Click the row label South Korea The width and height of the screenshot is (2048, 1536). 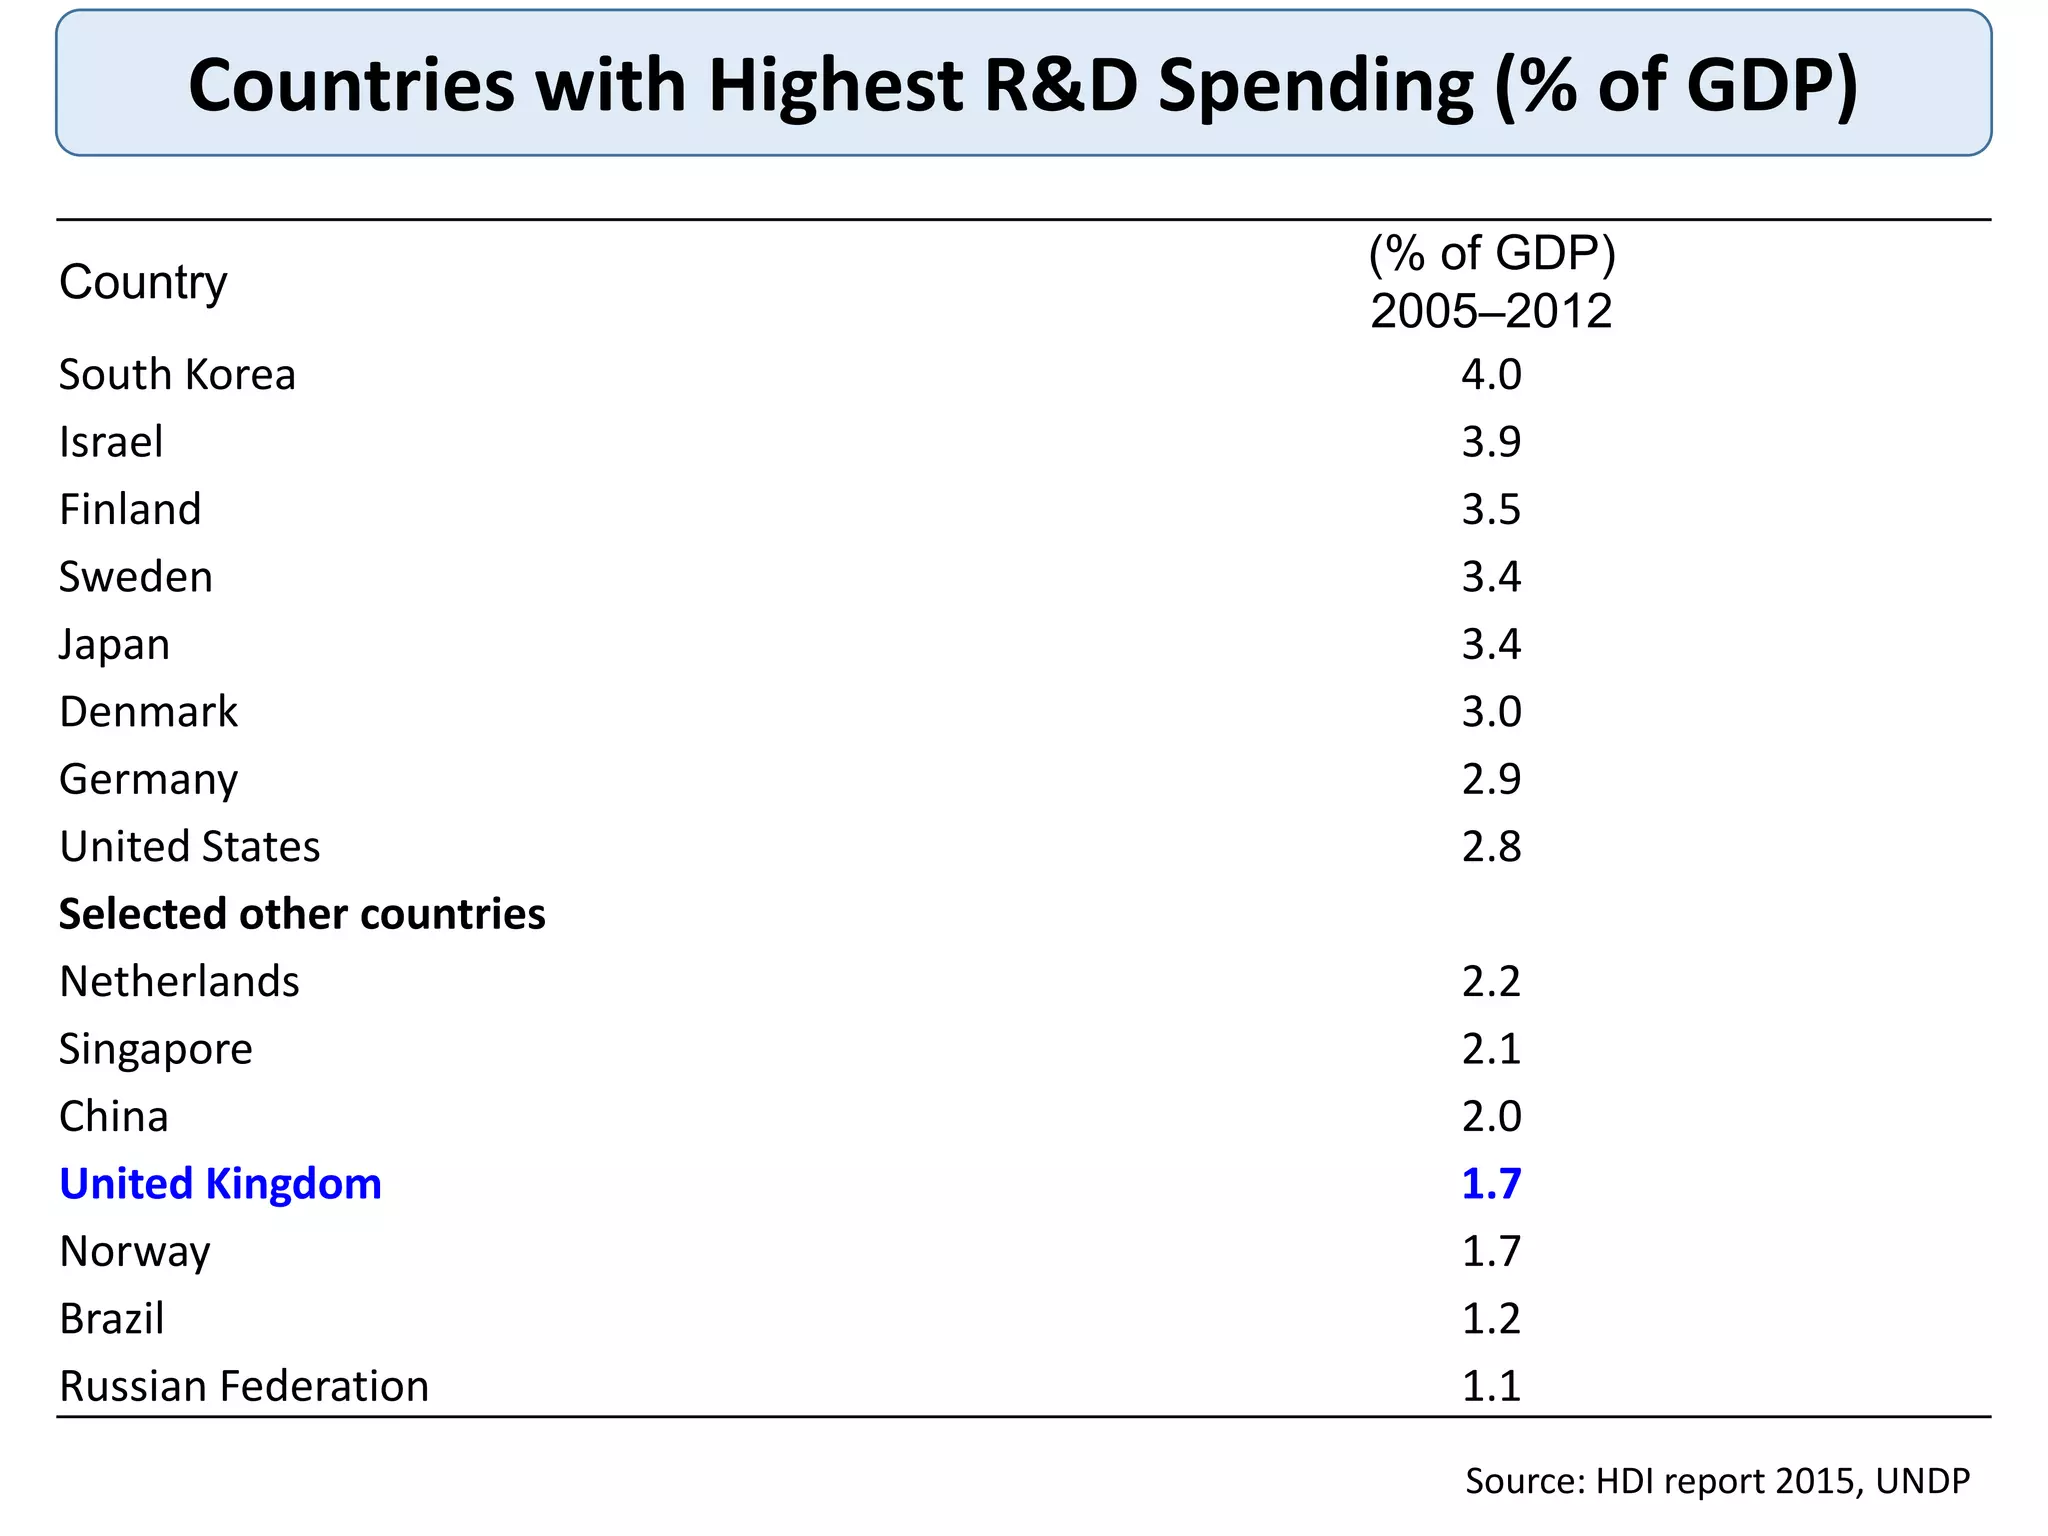point(177,375)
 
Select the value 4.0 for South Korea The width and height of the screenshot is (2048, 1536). point(1490,375)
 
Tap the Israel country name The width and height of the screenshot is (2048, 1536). point(111,442)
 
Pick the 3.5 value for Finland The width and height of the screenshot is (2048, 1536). point(1490,509)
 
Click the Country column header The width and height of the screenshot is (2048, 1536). point(143,282)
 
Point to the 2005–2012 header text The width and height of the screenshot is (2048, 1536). point(1490,311)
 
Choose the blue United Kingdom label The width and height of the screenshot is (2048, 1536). point(220,1184)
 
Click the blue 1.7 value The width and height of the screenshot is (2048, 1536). point(1490,1184)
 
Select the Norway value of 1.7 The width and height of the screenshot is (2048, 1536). point(1490,1251)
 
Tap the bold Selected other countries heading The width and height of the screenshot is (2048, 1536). point(302,914)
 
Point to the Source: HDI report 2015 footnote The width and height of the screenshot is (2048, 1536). point(1716,1481)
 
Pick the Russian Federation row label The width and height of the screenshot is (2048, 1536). point(244,1386)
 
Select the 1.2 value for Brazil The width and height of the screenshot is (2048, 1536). point(1490,1319)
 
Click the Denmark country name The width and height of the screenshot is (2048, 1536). point(148,712)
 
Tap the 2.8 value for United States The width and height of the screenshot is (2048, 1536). point(1490,847)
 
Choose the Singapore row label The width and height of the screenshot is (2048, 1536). point(156,1049)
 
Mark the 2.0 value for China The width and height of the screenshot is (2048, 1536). point(1490,1116)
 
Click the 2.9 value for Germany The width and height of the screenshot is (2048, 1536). point(1490,779)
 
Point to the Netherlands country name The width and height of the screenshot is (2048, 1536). point(179,982)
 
